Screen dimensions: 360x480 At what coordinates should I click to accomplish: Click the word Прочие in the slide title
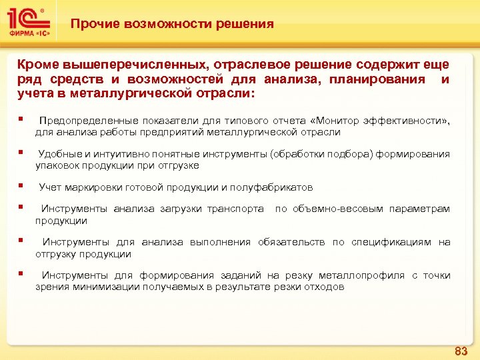point(91,24)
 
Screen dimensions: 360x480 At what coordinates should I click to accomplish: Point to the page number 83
point(460,351)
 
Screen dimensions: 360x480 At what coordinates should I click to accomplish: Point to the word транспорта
point(235,209)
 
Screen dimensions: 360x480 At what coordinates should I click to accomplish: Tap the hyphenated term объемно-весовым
point(339,209)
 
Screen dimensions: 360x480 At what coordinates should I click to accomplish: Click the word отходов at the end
point(327,287)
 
